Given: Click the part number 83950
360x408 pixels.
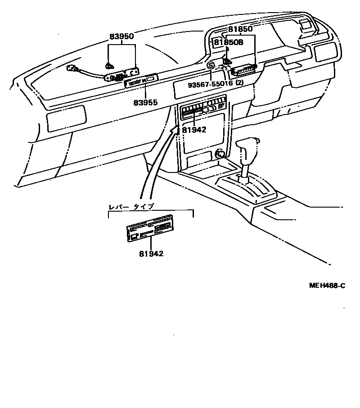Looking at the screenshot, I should pos(121,36).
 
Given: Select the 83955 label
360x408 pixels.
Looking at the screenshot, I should pos(145,102).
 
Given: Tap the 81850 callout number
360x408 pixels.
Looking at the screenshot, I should pos(239,29).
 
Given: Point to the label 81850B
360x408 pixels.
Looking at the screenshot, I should pos(228,43).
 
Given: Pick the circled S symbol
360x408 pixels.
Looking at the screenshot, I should pos(211,66).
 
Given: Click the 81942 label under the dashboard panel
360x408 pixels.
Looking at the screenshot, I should pos(194,130).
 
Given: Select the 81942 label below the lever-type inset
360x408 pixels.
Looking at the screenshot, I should pos(151,254).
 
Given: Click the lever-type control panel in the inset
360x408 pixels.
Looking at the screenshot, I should pos(149,228).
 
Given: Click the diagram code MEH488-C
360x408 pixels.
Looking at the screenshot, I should pos(327,286).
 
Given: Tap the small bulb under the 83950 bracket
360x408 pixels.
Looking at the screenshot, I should pos(109,66).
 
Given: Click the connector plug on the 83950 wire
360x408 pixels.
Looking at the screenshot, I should pos(72,69).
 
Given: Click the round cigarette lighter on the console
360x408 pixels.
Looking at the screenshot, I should pos(220,154).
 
